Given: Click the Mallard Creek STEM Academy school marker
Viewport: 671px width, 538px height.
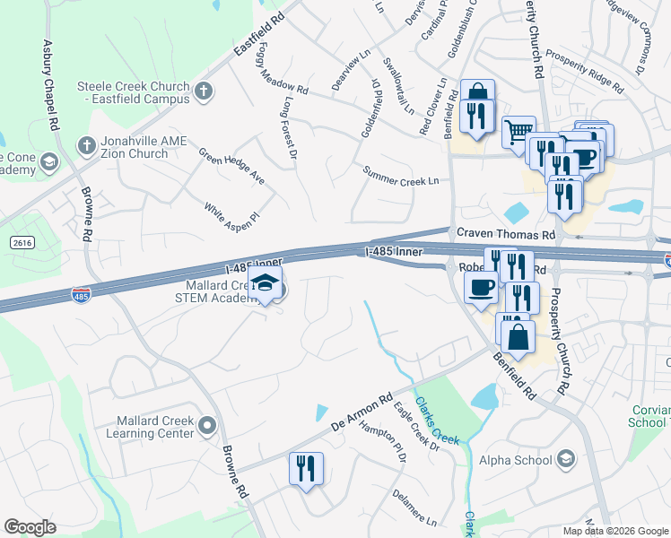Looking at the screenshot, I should click(x=265, y=284).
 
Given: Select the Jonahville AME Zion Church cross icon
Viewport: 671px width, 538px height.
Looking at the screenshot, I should click(x=87, y=144).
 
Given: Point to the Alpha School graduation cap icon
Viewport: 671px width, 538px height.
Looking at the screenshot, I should click(x=566, y=461).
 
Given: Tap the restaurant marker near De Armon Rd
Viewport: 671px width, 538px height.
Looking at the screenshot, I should click(x=305, y=468).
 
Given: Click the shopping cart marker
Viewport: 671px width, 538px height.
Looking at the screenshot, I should click(x=517, y=132).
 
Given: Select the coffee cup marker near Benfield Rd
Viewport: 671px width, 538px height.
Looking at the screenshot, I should click(x=481, y=288).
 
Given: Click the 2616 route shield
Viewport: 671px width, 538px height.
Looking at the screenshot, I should click(x=22, y=243).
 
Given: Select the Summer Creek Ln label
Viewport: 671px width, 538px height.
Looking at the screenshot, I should click(x=400, y=176).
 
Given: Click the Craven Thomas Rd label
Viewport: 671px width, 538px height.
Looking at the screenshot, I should click(x=506, y=233).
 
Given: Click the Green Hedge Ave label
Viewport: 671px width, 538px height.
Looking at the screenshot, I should click(x=231, y=166).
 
